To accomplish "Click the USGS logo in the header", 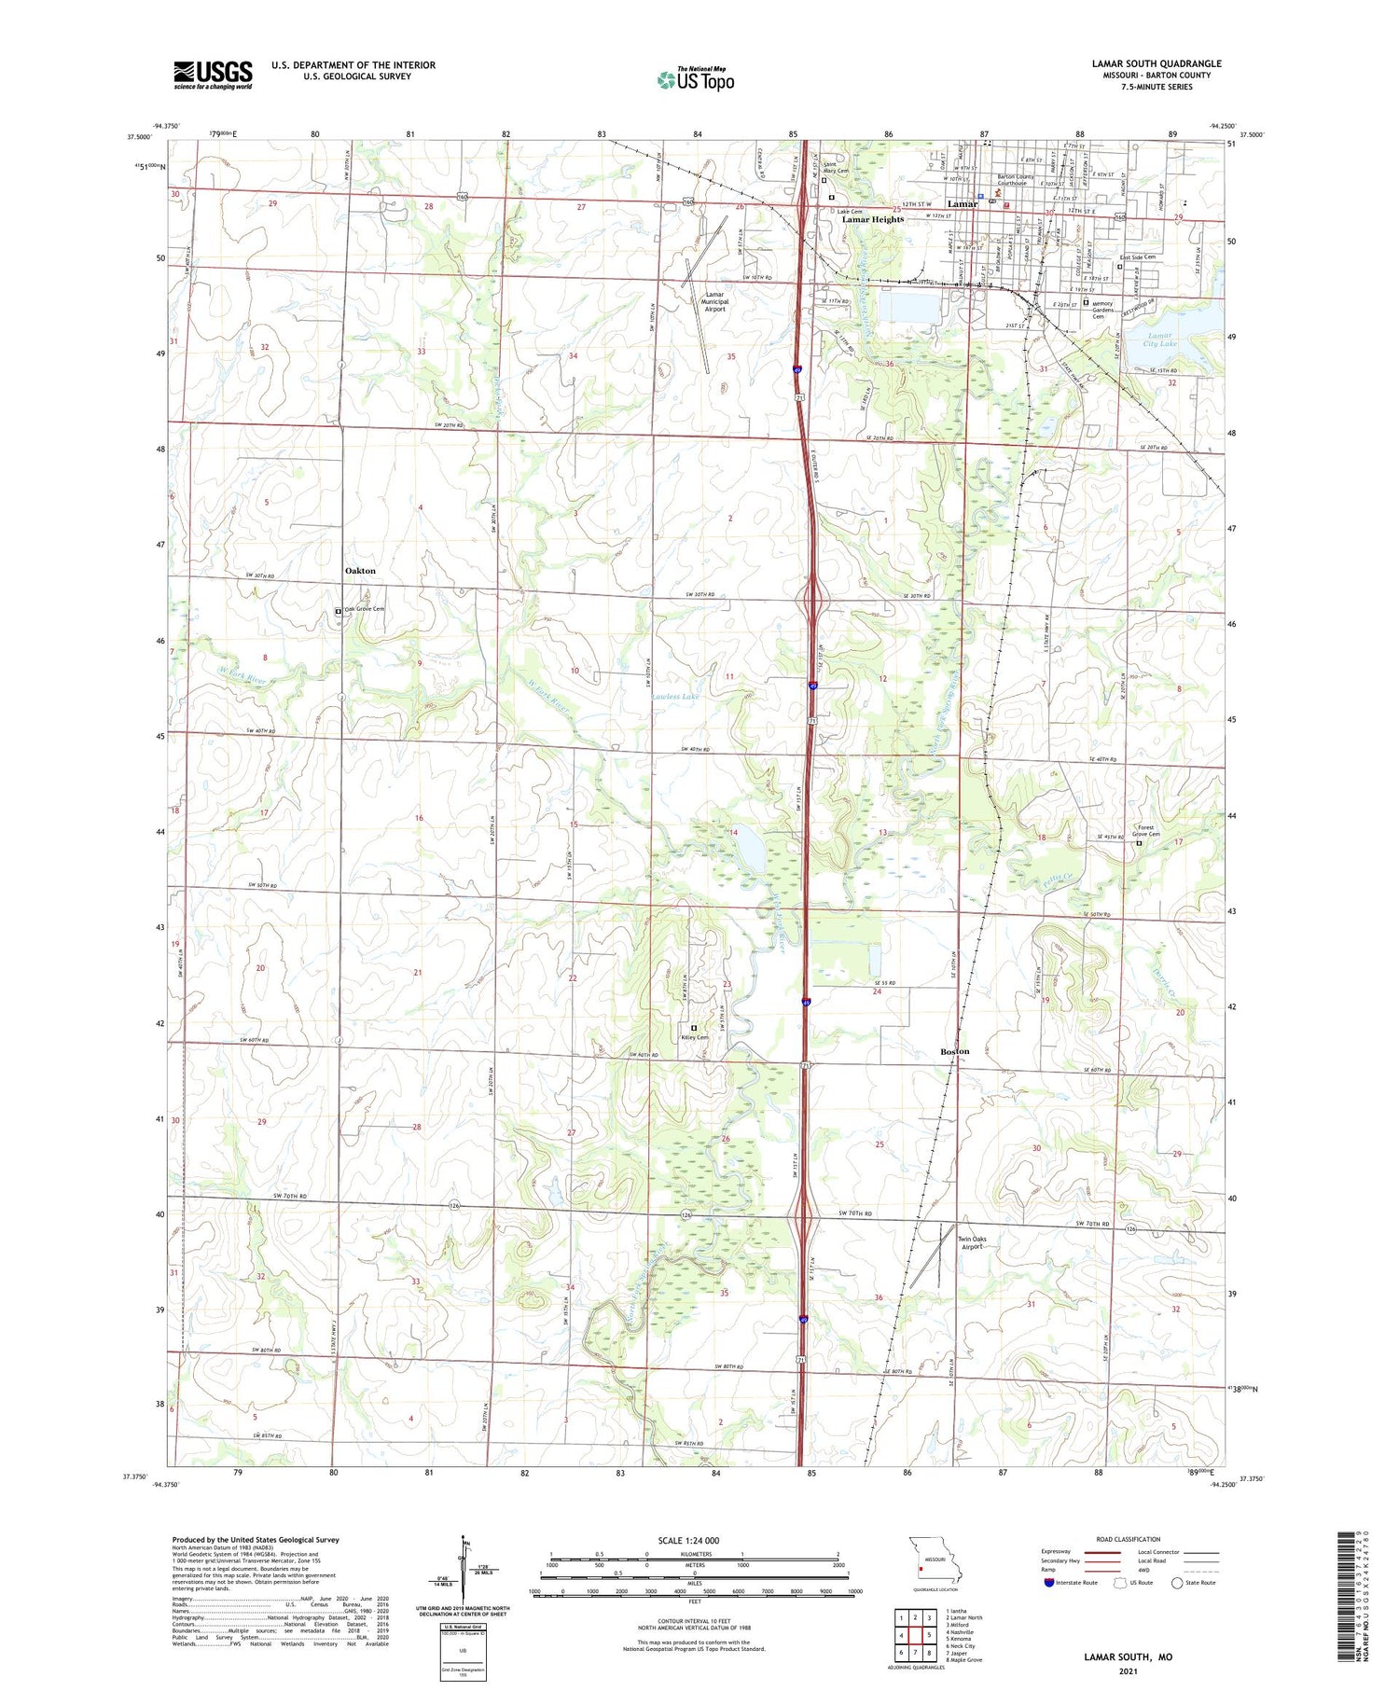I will point(213,74).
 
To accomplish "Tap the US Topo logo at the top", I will point(695,78).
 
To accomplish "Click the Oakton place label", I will point(360,570).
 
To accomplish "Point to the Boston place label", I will point(954,1051).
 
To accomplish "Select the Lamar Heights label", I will point(873,219).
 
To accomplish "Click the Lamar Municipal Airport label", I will point(713,301).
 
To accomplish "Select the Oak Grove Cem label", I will point(365,609).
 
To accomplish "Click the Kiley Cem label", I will point(695,1037).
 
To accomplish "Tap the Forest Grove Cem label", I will point(1147,830).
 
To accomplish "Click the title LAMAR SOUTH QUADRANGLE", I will point(1156,63).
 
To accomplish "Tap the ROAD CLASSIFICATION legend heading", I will point(1129,1539).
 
